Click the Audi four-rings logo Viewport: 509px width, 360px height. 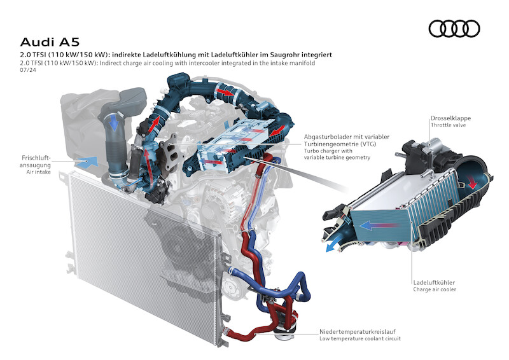click(454, 29)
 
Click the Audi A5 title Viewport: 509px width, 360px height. click(50, 42)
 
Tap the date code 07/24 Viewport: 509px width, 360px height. click(28, 70)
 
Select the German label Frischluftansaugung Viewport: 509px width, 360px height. click(35, 162)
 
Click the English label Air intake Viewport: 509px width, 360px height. click(39, 172)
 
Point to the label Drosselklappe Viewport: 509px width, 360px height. click(450, 118)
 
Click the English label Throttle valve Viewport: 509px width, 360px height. click(448, 125)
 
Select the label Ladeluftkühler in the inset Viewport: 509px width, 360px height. click(434, 282)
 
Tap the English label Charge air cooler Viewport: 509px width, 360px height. click(435, 289)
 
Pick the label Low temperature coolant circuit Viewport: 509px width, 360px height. click(360, 338)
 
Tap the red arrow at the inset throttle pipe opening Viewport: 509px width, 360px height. click(473, 183)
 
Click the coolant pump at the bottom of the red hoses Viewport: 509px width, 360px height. click(284, 331)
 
